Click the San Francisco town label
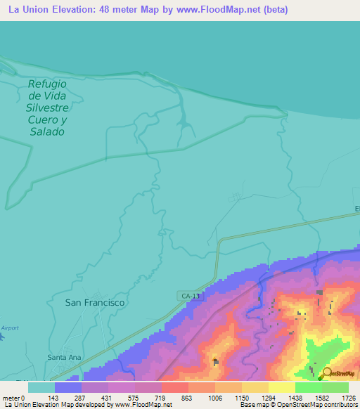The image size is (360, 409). (94, 302)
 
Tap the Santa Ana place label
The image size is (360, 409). (65, 357)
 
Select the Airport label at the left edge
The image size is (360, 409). (10, 327)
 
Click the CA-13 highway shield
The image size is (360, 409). (191, 297)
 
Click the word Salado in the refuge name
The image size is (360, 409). (47, 131)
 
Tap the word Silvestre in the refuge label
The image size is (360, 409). (47, 108)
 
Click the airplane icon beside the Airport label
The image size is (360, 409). (2, 337)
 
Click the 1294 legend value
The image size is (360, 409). (268, 397)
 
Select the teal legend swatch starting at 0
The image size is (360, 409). (41, 387)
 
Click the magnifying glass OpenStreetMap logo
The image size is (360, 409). (326, 374)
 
